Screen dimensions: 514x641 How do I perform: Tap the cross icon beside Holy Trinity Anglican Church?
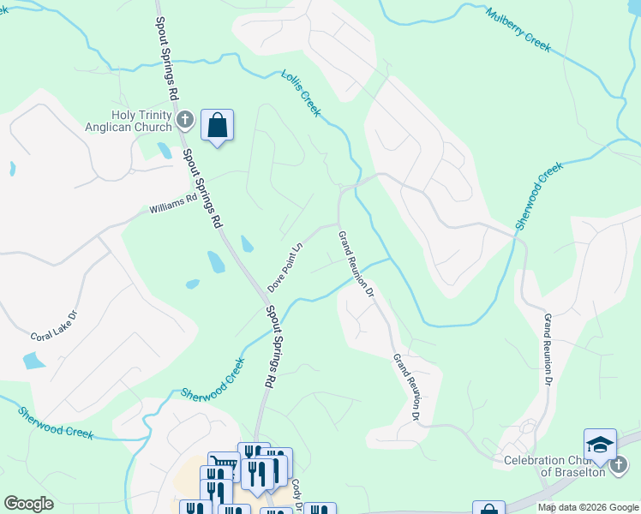[184, 119]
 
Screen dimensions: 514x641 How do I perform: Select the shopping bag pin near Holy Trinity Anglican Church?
[217, 126]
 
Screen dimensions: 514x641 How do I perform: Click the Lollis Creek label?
[301, 93]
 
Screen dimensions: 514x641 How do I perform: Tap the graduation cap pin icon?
[600, 445]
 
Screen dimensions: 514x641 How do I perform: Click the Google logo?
[28, 504]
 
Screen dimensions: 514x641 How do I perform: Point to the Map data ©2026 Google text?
[588, 507]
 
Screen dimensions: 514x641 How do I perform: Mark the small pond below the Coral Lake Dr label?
[33, 361]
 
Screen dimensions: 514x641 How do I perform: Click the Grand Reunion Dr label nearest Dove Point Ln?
[355, 263]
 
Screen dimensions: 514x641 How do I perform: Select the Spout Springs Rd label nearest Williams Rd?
[201, 189]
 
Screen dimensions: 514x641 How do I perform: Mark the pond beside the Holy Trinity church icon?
[164, 151]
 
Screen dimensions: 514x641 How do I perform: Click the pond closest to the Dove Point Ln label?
[247, 244]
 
